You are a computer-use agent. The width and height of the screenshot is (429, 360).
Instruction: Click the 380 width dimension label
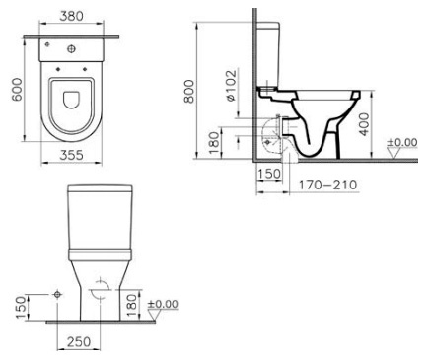tap(72, 16)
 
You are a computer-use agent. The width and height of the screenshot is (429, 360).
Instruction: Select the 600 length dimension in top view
tap(17, 90)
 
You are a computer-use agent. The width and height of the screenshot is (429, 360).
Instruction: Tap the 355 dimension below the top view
tap(71, 155)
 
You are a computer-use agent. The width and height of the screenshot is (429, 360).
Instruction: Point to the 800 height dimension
tap(189, 91)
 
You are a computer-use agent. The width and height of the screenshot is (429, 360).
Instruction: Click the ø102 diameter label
tap(231, 85)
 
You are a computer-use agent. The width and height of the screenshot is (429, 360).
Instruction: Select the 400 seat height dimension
tap(364, 124)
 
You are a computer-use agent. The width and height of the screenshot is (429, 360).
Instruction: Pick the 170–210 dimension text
tap(327, 185)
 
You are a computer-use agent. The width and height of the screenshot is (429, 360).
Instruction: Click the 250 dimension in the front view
tap(79, 342)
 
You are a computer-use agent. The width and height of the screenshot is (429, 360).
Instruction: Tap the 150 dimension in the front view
tap(22, 308)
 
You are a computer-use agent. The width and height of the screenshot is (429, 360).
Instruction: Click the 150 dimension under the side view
tap(269, 174)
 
